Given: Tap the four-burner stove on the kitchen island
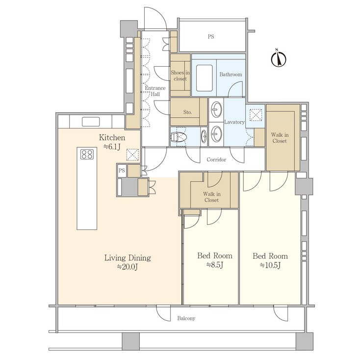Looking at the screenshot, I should (87, 154).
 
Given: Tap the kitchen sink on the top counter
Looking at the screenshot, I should (91, 122).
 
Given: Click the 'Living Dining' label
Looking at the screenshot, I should (127, 257).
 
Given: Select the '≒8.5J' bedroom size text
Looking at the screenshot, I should (214, 265).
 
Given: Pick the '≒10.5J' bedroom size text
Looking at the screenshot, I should (270, 265).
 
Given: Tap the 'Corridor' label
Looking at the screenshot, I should (216, 160).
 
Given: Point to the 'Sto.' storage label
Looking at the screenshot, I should (187, 112).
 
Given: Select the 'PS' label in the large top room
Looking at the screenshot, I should (211, 37).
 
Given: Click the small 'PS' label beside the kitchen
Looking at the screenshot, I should (121, 170).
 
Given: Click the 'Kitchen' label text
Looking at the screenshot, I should (112, 138).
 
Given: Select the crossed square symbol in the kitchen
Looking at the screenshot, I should (132, 155).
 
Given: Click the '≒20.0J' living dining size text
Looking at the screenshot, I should (127, 267).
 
